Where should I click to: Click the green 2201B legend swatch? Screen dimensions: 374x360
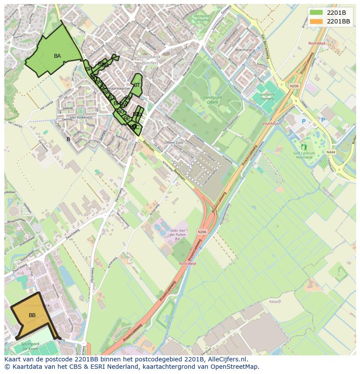(x=316, y=12)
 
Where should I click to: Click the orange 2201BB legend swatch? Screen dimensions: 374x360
(x=316, y=21)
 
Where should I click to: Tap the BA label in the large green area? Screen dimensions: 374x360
(x=57, y=56)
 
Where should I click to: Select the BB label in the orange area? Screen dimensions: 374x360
(x=32, y=315)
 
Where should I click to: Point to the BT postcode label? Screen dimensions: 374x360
(x=137, y=85)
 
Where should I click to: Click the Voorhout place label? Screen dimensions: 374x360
(x=270, y=123)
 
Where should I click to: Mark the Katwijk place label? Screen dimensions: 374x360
(x=276, y=301)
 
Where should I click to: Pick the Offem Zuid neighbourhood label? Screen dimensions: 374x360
(x=173, y=142)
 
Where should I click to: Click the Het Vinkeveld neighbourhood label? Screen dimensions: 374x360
(x=81, y=117)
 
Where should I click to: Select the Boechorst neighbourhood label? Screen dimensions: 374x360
(x=243, y=50)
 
